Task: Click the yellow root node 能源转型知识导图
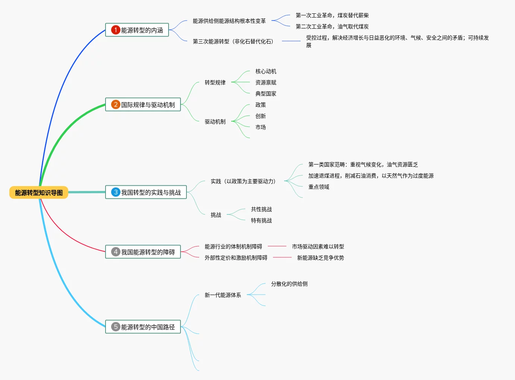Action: point(39,192)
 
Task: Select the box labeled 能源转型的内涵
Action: point(137,30)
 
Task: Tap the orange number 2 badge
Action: point(116,104)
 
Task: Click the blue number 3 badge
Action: point(116,192)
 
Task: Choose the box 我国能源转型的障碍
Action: point(143,252)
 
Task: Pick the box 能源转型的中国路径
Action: point(143,327)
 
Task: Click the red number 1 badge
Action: point(116,30)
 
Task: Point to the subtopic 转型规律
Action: point(215,82)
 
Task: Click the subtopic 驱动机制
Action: point(215,122)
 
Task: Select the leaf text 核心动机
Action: point(266,71)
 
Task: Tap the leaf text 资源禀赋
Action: point(266,82)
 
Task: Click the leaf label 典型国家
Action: point(266,94)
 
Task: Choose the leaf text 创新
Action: point(260,116)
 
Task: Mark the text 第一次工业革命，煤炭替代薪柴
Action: point(332,15)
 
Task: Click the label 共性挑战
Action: point(261,209)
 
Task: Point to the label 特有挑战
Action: point(261,220)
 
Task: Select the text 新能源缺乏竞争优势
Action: point(320,258)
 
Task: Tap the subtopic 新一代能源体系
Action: point(223,295)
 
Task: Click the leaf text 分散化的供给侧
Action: point(289,284)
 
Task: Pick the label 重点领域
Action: point(318,187)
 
